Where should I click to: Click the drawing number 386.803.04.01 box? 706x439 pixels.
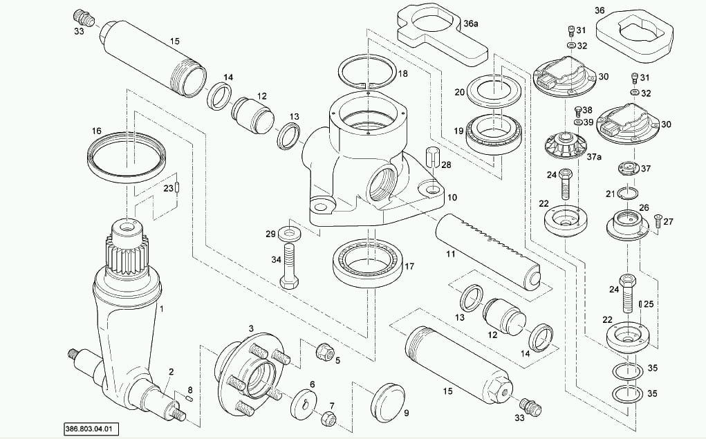(91, 429)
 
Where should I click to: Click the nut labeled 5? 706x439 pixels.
(324, 351)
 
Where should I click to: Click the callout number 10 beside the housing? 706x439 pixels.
(452, 197)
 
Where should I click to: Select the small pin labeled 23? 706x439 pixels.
(178, 187)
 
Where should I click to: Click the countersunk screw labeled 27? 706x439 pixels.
(658, 221)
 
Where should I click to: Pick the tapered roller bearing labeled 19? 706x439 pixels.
(494, 135)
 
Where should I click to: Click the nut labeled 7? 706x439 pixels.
(329, 418)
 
